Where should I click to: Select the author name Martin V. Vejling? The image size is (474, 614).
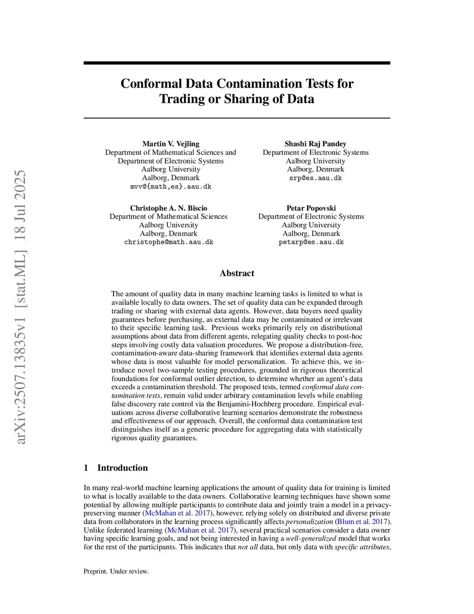(171, 144)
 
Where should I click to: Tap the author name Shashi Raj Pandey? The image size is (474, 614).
(315, 144)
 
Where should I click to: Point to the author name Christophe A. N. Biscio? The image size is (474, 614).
(168, 208)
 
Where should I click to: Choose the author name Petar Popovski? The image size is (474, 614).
(311, 208)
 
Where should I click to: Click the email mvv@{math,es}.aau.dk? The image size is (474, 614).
(171, 186)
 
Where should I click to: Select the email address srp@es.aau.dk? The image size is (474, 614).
(315, 178)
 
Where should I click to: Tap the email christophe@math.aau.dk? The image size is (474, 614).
(168, 242)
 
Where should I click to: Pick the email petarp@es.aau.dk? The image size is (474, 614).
(311, 242)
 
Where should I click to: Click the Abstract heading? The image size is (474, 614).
(237, 273)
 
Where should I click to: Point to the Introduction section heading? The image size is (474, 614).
(122, 468)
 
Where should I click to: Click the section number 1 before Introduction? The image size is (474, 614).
(86, 468)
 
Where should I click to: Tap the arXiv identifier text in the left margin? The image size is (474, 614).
(21, 307)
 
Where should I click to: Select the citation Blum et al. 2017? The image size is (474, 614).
(362, 521)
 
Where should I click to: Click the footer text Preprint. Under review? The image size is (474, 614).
(116, 571)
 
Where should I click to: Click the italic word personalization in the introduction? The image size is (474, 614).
(309, 521)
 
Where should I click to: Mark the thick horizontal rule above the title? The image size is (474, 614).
(237, 63)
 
